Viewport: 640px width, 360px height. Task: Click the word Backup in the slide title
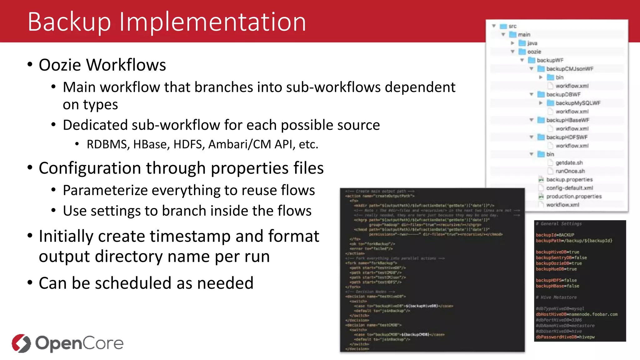[x=69, y=22]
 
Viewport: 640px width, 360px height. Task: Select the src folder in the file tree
[x=512, y=26]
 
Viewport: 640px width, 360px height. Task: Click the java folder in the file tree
[x=532, y=43]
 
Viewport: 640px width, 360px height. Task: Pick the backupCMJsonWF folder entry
[x=569, y=69]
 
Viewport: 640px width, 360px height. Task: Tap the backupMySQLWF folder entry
[x=578, y=103]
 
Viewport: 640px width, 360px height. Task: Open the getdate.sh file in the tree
[x=569, y=162]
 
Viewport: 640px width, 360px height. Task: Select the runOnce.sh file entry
[x=570, y=171]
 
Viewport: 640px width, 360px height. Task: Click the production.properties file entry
[x=573, y=196]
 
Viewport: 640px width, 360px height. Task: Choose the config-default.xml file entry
[x=569, y=188]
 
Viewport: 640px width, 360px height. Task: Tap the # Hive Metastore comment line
[x=556, y=297]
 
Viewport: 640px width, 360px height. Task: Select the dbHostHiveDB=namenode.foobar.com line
[x=577, y=314]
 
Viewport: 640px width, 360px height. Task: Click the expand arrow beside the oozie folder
[x=512, y=52]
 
